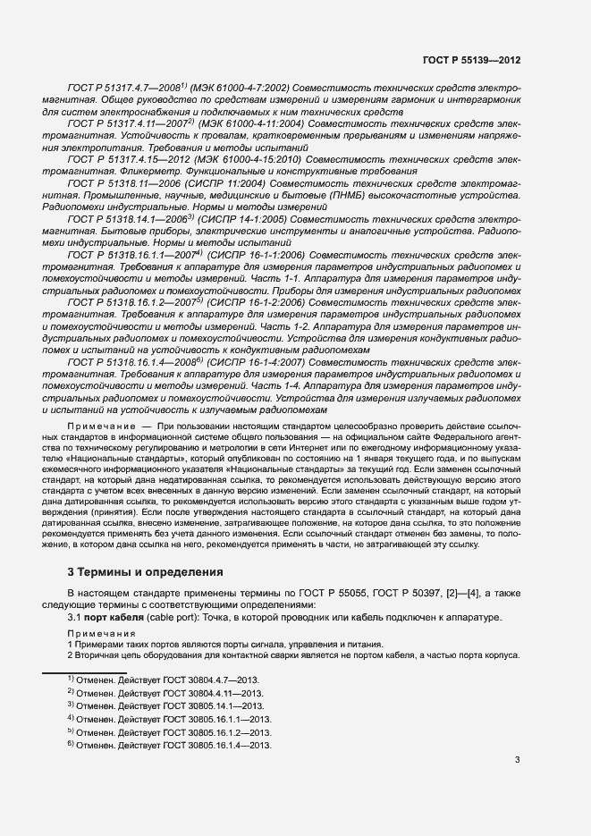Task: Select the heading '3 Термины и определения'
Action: point(146,571)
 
